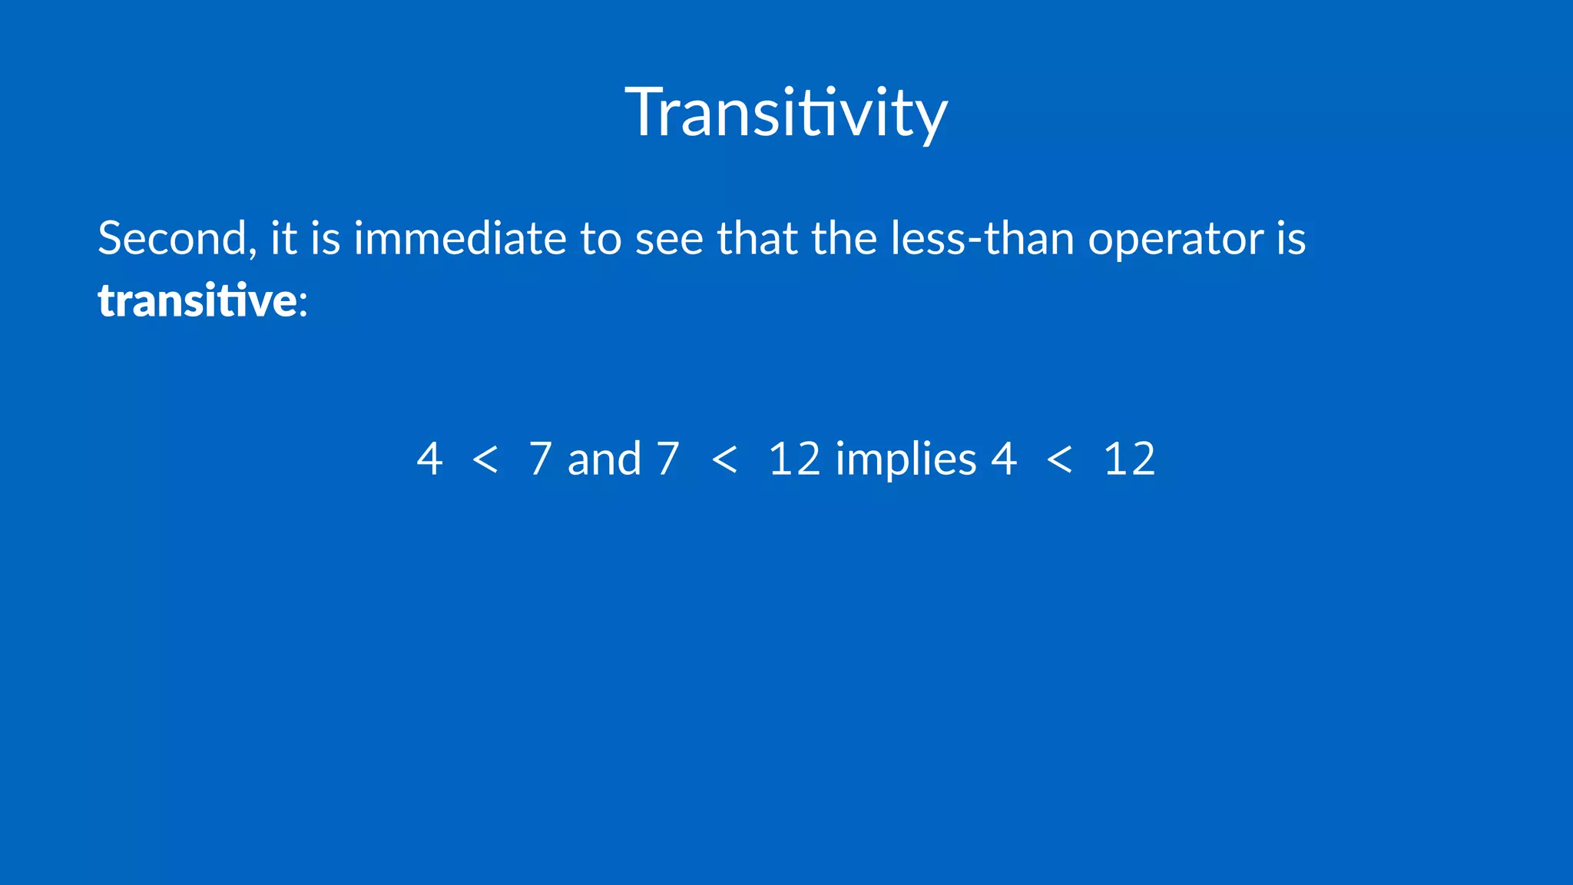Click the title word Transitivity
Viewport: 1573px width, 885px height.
(786, 113)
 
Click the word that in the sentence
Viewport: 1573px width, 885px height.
(757, 238)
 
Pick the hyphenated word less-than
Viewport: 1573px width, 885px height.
(982, 238)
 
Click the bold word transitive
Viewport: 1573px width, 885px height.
(197, 300)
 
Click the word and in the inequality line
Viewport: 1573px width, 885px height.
(604, 459)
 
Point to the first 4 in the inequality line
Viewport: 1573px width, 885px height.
(429, 459)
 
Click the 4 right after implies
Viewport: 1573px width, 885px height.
(1004, 459)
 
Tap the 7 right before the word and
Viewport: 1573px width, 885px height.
(540, 459)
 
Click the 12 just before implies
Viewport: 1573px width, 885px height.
(794, 459)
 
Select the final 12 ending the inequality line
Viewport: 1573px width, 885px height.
(1129, 459)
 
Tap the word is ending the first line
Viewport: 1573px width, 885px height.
(1291, 238)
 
